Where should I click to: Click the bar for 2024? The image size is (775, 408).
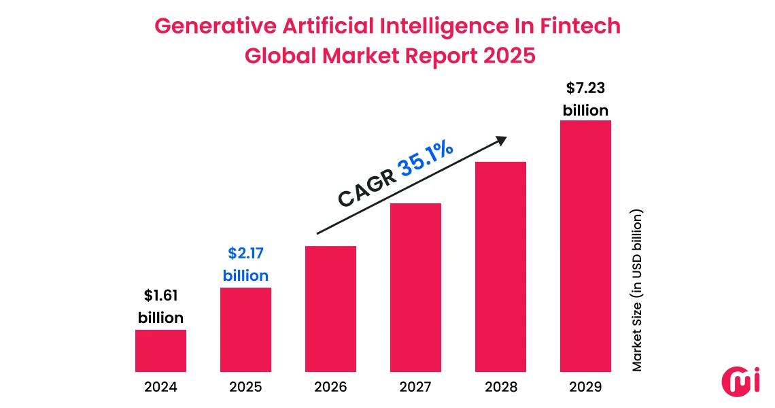coord(160,351)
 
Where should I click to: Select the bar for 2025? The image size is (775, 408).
coord(245,330)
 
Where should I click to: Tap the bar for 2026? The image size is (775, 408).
coord(330,309)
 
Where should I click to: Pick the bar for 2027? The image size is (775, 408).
coord(415,288)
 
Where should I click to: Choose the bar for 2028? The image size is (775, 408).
coord(500,267)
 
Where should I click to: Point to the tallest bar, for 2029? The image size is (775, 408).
coord(585,246)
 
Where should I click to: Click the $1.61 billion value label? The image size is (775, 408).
coord(160,307)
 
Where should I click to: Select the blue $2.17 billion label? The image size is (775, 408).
coord(245,265)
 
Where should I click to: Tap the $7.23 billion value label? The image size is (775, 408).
coord(585,99)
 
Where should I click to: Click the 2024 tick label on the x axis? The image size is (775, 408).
coord(160,388)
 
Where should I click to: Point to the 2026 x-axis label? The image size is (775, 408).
coord(330,388)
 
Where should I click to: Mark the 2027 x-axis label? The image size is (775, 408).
coord(415,388)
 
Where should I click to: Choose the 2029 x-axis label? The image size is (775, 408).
coord(585,388)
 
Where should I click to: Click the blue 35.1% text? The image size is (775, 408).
coord(426,158)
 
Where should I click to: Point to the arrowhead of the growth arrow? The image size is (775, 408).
coord(502,139)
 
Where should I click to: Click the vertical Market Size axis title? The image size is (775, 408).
coord(637,290)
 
